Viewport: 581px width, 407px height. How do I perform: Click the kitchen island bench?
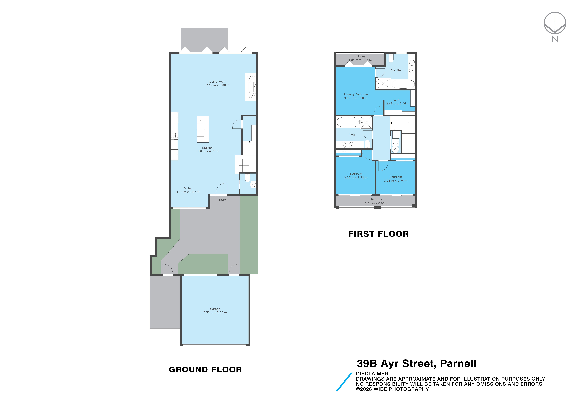click(203, 129)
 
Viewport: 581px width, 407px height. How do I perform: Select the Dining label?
click(188, 188)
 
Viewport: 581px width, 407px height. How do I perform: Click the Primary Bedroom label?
click(356, 94)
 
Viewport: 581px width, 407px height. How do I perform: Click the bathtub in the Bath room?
click(348, 122)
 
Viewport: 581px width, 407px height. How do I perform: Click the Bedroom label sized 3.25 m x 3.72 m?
click(356, 174)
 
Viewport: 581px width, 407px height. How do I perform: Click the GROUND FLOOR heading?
click(205, 370)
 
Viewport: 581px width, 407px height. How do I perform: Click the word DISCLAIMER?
click(372, 374)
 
